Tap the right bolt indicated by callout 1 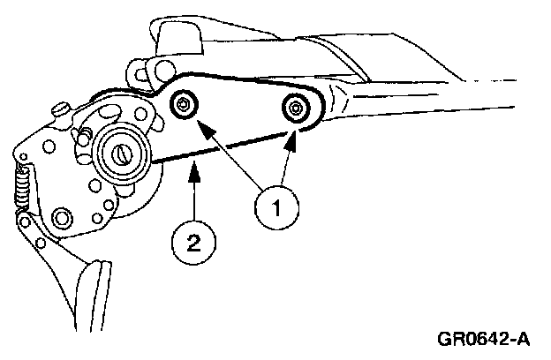tap(294, 109)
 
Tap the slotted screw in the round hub tap(120, 154)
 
